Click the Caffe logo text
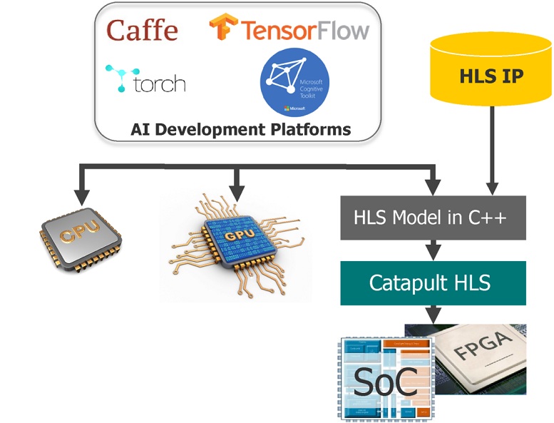coord(142,30)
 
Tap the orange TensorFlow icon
coord(223,29)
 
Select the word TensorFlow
coord(304,30)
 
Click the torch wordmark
coord(159,84)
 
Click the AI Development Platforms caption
coord(241,129)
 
